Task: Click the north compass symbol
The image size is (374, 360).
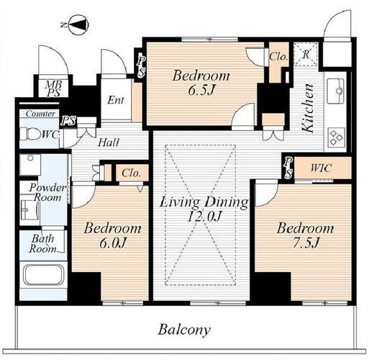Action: pyautogui.click(x=78, y=24)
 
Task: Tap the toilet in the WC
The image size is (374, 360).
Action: pyautogui.click(x=30, y=134)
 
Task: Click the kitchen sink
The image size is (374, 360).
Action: pyautogui.click(x=336, y=91)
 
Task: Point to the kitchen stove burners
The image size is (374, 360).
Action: pyautogui.click(x=336, y=138)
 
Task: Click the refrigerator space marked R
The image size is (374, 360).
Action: pyautogui.click(x=306, y=54)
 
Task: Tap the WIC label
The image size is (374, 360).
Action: pyautogui.click(x=321, y=168)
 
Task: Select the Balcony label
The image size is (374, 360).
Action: pyautogui.click(x=184, y=330)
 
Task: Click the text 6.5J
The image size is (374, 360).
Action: pyautogui.click(x=201, y=91)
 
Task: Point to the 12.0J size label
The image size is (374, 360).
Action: pyautogui.click(x=204, y=217)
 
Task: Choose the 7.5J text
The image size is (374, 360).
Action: pyautogui.click(x=305, y=243)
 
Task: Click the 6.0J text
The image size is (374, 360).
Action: pyautogui.click(x=113, y=243)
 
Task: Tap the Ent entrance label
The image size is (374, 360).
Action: pyautogui.click(x=116, y=100)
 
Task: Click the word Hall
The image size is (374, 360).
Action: pyautogui.click(x=109, y=143)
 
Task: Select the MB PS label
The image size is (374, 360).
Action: pyautogui.click(x=53, y=89)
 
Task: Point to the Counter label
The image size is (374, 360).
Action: pyautogui.click(x=40, y=114)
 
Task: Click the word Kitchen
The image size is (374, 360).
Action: pyautogui.click(x=308, y=108)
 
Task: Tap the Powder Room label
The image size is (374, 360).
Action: pyautogui.click(x=47, y=192)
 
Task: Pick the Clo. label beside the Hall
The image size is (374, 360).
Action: pyautogui.click(x=131, y=173)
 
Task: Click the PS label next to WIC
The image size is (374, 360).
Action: pyautogui.click(x=288, y=168)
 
